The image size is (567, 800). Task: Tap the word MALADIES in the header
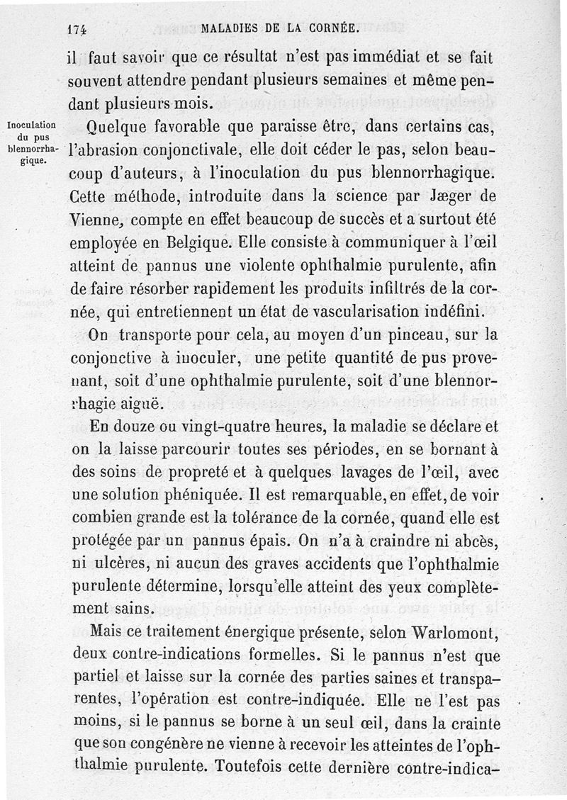(229, 30)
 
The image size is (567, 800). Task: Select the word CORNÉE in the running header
(336, 30)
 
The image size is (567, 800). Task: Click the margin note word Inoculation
(30, 126)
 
